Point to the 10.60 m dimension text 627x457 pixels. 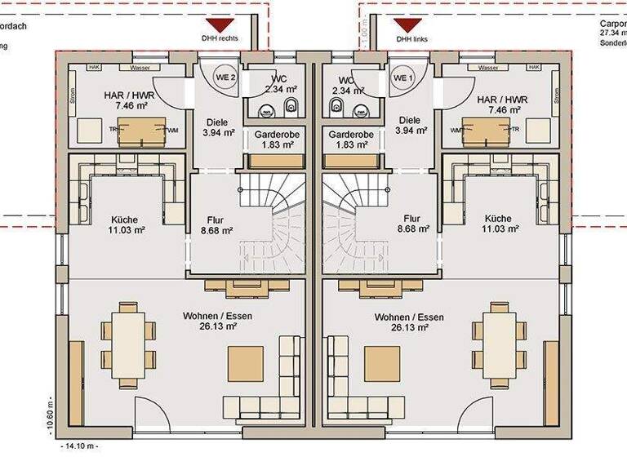click(51, 416)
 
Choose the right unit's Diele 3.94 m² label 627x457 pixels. click(409, 125)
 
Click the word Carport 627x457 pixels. click(612, 24)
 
